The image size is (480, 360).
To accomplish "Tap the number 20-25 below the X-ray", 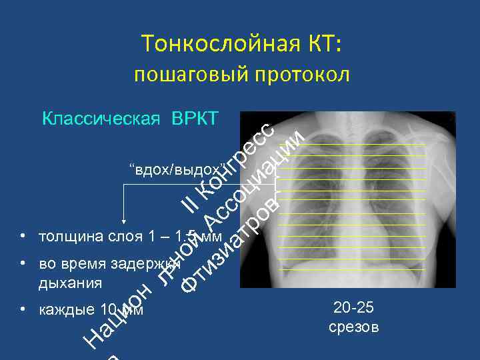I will (353, 308).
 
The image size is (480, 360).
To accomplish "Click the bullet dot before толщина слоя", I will (23, 236).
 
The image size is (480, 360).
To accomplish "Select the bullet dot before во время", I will (23, 263).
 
